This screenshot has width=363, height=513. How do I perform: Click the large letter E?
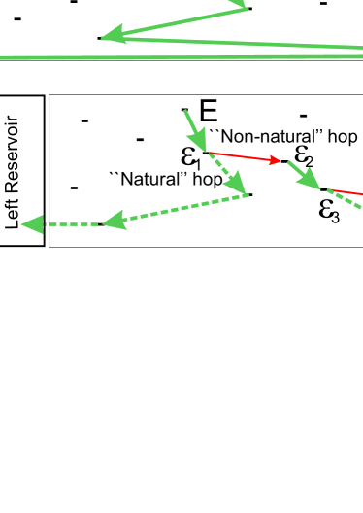(x=208, y=111)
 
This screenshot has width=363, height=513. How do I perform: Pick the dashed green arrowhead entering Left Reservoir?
(x=33, y=225)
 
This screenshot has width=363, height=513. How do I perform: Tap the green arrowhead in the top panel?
(x=113, y=37)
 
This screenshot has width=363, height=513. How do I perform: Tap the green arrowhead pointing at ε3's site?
(x=316, y=186)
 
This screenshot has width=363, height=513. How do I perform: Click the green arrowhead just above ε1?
(x=197, y=139)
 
